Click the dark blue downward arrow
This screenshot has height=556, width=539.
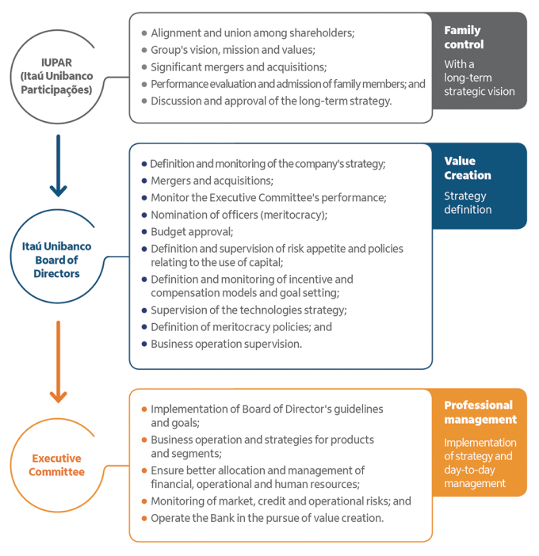tap(58, 166)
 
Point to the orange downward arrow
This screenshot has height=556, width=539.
tap(58, 361)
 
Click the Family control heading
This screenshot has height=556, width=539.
tap(464, 37)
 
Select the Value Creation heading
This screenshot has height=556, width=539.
tap(468, 168)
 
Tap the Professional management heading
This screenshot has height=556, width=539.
tap(480, 412)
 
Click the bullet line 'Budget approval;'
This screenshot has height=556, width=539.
tap(192, 232)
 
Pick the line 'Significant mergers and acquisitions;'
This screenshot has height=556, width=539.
tap(239, 67)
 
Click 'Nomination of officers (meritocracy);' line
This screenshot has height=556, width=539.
tap(239, 215)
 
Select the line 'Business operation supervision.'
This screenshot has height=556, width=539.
tap(227, 344)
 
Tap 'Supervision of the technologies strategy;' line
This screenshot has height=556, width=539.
tap(248, 310)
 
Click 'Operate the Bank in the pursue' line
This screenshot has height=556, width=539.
tap(267, 518)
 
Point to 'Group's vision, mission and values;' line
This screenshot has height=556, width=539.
tap(233, 50)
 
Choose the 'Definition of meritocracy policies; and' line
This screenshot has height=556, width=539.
tap(241, 326)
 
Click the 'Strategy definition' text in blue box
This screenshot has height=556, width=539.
tap(468, 203)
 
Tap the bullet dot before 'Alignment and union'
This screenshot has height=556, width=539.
tap(143, 33)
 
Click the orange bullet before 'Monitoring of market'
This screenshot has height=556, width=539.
tap(143, 501)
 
